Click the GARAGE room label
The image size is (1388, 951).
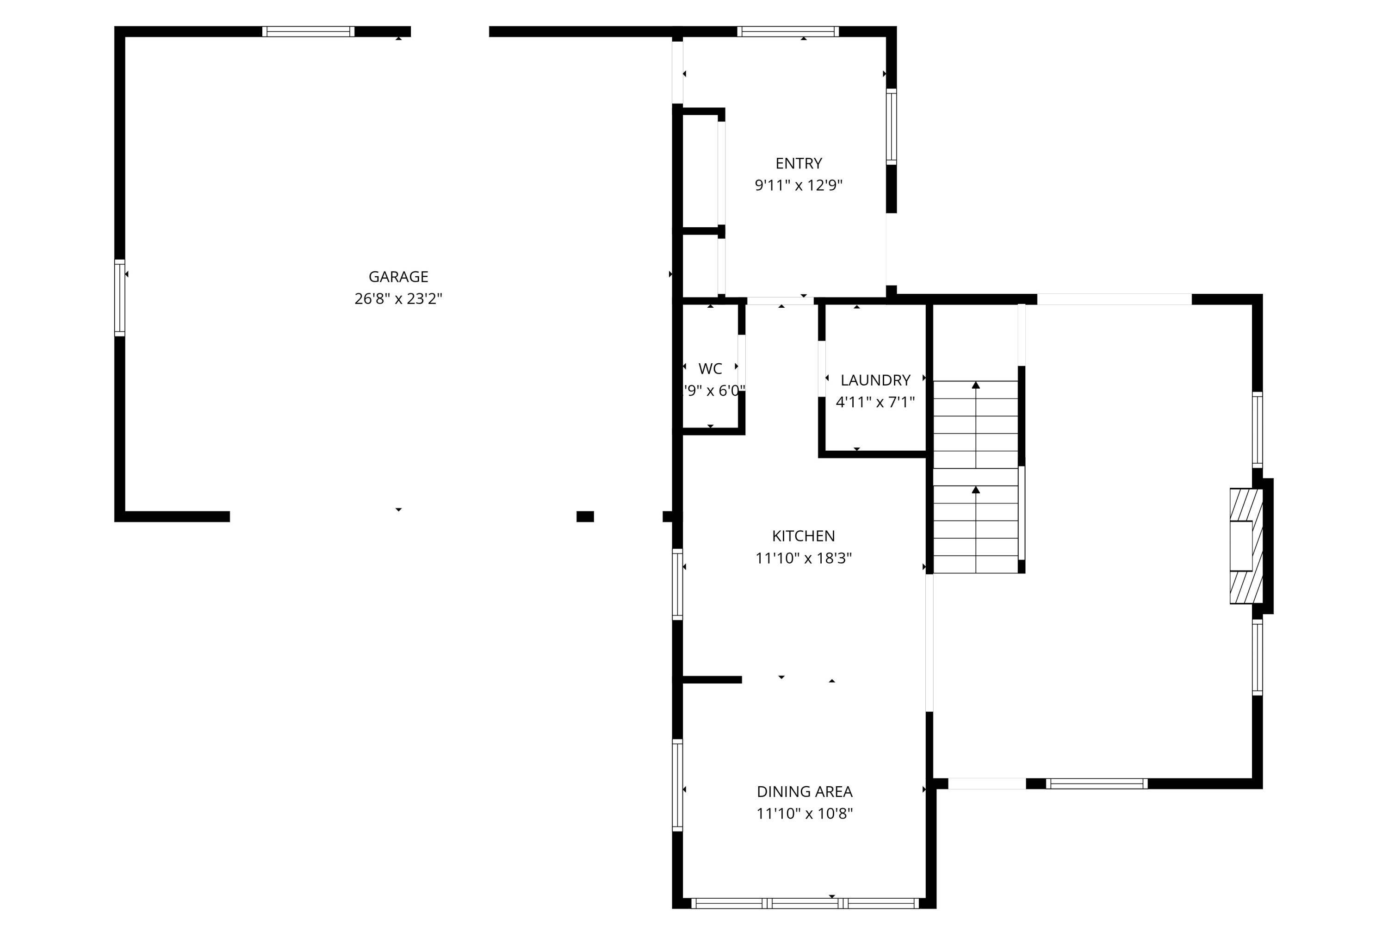(x=398, y=277)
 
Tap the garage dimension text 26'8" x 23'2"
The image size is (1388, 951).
(x=398, y=298)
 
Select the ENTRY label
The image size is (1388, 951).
(x=799, y=163)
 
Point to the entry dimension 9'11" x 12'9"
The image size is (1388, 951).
(x=799, y=185)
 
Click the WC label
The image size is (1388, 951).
(x=710, y=368)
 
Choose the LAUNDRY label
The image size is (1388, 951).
(x=875, y=380)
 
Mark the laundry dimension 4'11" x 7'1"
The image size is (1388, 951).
(x=875, y=402)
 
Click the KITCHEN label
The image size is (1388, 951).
(x=803, y=536)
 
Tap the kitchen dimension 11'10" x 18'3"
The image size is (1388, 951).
(x=803, y=558)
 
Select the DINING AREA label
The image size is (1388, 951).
(x=805, y=791)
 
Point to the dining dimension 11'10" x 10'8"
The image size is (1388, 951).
(x=805, y=814)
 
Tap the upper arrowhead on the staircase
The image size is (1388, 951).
(x=976, y=385)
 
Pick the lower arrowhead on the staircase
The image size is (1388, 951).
(x=976, y=490)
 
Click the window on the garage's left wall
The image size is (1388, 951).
(x=119, y=298)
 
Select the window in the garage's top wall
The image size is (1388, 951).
(x=308, y=31)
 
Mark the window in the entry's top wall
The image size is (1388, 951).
(x=788, y=31)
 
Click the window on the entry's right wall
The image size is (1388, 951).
(x=891, y=127)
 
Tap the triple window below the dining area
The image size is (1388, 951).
(x=805, y=903)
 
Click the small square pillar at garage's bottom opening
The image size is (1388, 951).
(x=585, y=517)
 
